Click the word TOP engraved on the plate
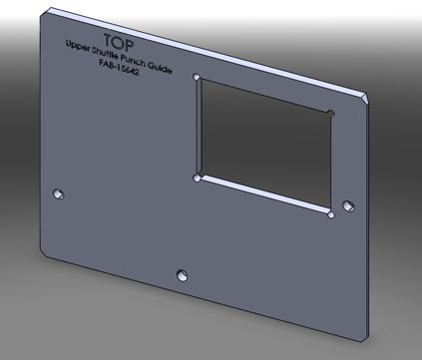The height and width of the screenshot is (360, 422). coord(119,42)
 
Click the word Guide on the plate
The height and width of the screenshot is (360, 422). coord(160,68)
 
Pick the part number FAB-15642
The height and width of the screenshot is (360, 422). coord(119,67)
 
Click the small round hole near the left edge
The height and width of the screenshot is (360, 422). coord(59,193)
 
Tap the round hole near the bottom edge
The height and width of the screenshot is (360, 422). coord(182,275)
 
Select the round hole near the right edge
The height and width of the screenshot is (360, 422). coord(348,206)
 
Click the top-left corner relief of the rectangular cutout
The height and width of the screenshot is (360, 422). coord(197,78)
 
